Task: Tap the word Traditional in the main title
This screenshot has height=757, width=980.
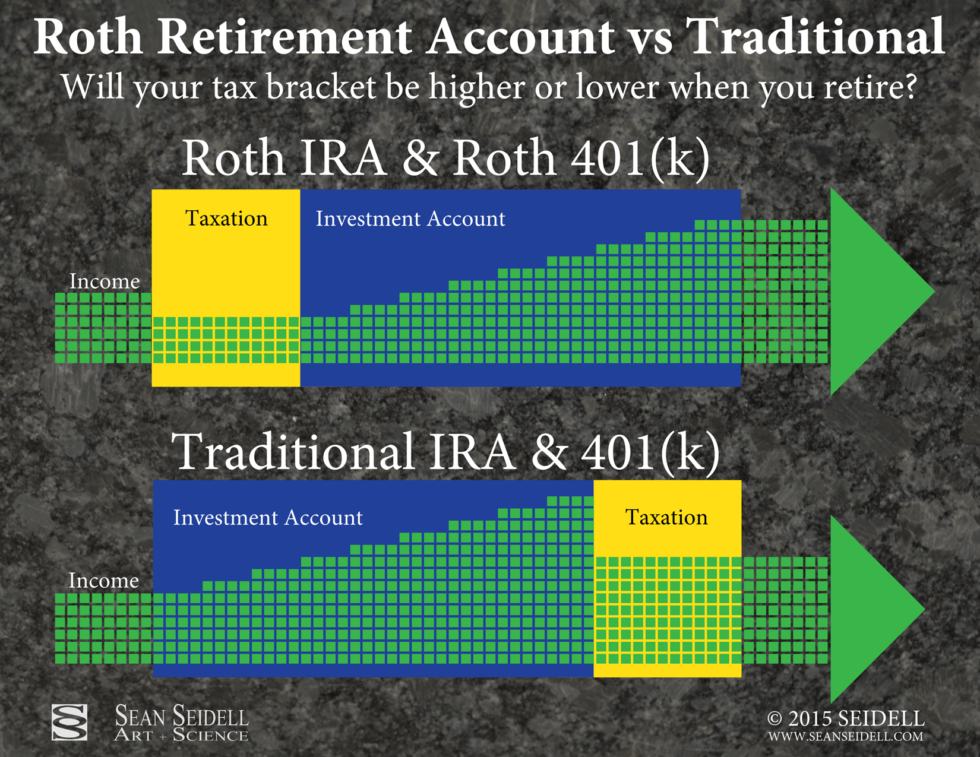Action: pos(815,36)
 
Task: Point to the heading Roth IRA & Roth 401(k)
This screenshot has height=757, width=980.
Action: pos(445,159)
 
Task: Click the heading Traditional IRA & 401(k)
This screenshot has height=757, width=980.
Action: pos(445,452)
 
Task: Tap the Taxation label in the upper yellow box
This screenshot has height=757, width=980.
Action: pos(226,218)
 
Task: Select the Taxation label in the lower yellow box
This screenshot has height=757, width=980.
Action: pos(666,517)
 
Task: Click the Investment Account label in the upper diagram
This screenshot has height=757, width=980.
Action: pos(410,218)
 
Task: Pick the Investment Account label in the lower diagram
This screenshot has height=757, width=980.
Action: pos(268,518)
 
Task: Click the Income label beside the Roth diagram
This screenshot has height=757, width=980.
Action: pos(104,281)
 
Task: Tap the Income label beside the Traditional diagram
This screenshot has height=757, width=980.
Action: pos(104,581)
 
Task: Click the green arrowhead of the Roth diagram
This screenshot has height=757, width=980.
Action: pos(870,292)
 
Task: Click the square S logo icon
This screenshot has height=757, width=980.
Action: pos(69,723)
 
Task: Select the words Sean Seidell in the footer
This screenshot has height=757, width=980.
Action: pos(181,715)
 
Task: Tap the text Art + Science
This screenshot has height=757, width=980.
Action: pos(181,735)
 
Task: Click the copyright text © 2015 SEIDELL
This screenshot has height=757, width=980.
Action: pos(846,718)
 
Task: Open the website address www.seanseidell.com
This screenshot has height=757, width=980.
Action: pos(846,737)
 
